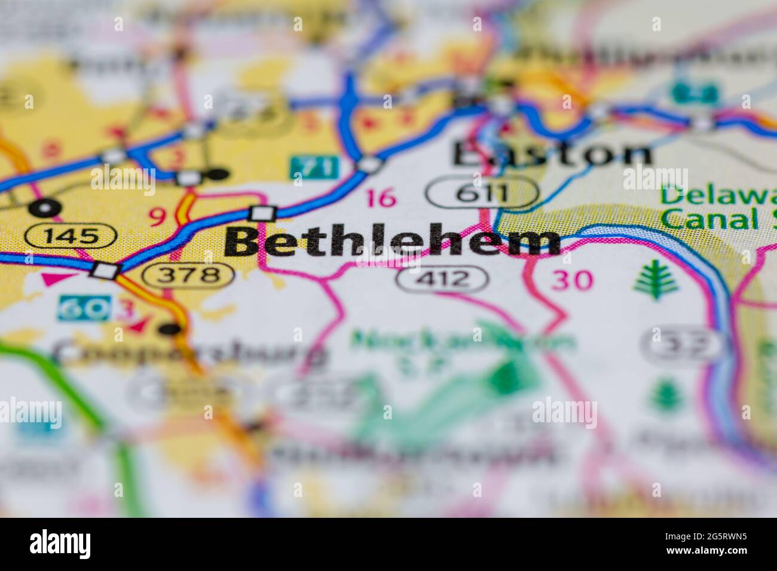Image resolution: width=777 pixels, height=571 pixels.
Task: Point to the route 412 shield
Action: (442, 278)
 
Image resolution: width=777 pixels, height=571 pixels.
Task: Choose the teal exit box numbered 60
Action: (83, 308)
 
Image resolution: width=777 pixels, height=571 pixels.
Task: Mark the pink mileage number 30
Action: (572, 280)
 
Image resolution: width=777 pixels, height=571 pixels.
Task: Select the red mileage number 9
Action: (156, 217)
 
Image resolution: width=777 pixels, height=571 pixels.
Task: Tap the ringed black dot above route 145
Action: (44, 208)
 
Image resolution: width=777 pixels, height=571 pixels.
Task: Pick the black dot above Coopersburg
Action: (171, 328)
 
